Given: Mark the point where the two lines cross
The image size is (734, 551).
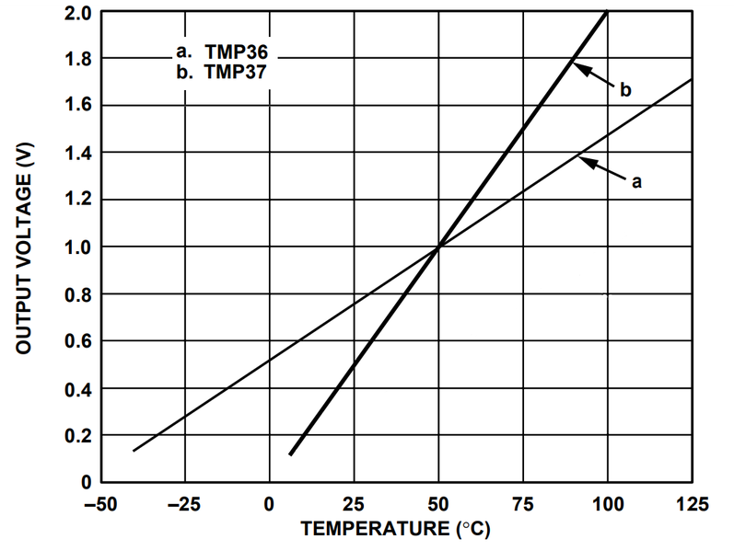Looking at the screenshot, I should tap(438, 247).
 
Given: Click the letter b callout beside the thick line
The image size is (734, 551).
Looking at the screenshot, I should tap(625, 90).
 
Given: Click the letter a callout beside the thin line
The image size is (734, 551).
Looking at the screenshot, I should tap(635, 181).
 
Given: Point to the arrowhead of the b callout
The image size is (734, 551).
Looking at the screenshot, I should tap(576, 65).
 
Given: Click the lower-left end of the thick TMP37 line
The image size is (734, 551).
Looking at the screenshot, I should tap(290, 453).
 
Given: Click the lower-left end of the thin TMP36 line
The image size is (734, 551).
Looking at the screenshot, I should tap(134, 450).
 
